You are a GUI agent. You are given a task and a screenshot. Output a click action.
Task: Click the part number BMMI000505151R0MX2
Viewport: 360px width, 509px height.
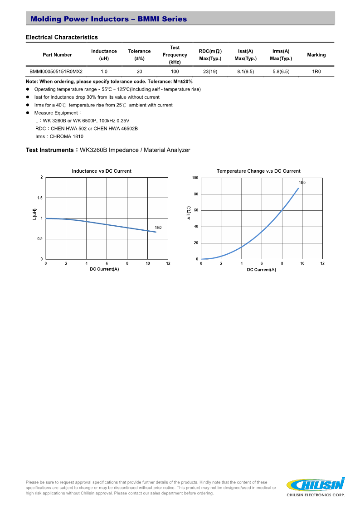[56, 72]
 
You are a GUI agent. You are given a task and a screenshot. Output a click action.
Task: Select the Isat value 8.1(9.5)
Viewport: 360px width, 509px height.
[245, 72]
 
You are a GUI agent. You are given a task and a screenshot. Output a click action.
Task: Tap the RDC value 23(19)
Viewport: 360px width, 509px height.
[210, 72]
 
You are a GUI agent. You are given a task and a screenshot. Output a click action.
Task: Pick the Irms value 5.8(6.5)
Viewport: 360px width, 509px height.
[281, 72]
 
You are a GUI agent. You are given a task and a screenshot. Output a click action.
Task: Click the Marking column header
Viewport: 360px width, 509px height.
[316, 55]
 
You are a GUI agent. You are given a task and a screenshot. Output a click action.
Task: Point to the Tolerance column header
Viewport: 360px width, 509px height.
[139, 55]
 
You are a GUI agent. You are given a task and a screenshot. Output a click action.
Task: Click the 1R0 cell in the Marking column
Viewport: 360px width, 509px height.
[316, 72]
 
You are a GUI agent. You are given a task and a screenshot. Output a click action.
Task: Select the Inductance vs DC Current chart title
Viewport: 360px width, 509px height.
[102, 171]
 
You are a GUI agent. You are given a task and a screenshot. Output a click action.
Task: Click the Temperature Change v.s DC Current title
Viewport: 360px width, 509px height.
[258, 171]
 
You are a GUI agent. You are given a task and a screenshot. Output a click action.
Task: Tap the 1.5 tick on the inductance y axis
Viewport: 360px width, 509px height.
[40, 198]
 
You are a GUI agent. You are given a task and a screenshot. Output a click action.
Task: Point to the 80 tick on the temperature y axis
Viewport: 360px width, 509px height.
[195, 194]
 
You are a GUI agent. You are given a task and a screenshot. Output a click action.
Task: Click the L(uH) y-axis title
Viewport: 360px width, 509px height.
[34, 214]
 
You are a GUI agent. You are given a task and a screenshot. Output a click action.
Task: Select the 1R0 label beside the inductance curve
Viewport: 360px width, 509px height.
[158, 228]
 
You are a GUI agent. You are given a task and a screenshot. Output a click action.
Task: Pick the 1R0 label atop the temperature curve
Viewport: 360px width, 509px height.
[302, 183]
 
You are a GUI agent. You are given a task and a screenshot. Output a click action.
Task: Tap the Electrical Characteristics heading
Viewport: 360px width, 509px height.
[62, 37]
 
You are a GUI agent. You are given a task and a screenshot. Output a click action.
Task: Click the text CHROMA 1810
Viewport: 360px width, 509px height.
[67, 136]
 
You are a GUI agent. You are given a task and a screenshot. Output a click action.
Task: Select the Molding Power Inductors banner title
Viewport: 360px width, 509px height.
[108, 19]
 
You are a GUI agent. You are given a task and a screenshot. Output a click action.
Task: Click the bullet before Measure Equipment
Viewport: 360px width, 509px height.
[28, 113]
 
